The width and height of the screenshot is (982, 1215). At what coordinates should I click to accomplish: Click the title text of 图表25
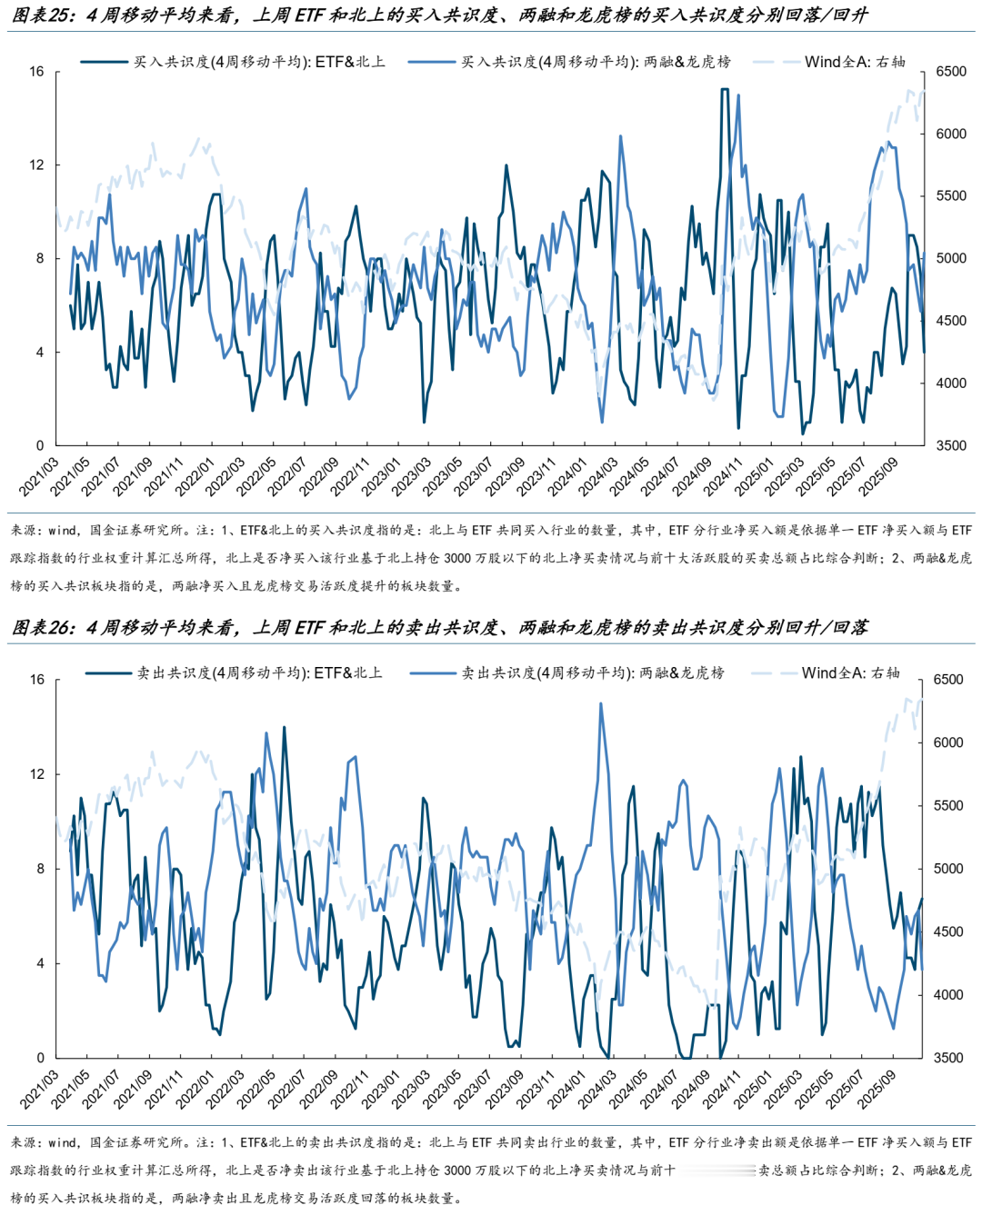coord(440,15)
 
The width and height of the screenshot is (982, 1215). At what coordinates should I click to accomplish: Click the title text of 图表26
coord(440,627)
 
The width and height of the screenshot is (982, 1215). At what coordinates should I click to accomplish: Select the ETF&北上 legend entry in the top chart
coord(258,62)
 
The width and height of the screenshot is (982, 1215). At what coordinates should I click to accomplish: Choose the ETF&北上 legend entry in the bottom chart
coord(258,673)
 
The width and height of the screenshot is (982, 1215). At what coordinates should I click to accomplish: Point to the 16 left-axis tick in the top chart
coord(36,71)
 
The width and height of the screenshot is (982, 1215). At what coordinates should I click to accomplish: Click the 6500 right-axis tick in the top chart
coord(951,72)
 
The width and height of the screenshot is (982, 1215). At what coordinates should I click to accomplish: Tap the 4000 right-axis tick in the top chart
coord(951,383)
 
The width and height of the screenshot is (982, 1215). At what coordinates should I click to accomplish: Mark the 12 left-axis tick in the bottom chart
coord(36,774)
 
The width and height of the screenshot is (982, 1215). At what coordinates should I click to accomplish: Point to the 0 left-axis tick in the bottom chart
coord(40,1058)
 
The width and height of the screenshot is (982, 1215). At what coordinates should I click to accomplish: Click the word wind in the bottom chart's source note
coord(63,1142)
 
